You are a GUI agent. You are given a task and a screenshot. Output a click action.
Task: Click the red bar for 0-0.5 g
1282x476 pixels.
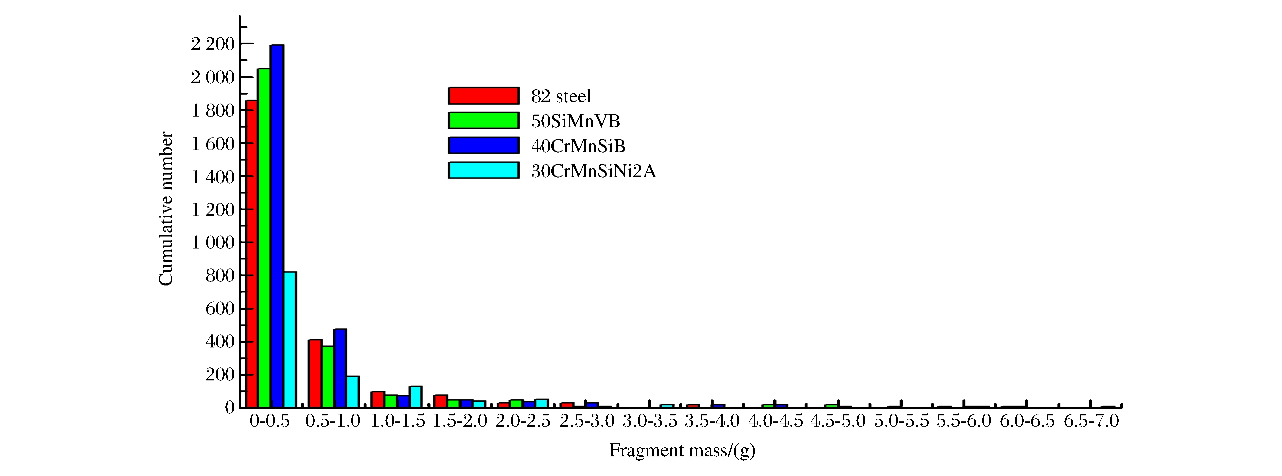point(251,254)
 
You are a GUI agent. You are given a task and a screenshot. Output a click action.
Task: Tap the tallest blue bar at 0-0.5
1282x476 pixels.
point(277,226)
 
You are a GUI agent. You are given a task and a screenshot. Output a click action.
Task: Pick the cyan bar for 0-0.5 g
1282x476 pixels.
point(290,340)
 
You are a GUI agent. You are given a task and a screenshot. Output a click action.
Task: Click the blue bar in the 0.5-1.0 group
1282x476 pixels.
point(340,368)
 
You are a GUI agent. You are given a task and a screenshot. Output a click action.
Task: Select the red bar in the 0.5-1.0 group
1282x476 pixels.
point(315,373)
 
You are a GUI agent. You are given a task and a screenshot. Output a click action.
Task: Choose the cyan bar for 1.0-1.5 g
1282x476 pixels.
point(416,396)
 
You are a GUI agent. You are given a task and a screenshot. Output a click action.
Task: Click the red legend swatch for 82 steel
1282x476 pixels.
point(483,96)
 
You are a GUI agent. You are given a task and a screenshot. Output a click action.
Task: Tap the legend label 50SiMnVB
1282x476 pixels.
point(575,121)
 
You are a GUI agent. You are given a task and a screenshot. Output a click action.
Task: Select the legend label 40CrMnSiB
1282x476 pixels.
point(578,146)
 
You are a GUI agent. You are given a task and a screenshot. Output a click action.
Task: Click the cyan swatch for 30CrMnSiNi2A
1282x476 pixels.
point(483,171)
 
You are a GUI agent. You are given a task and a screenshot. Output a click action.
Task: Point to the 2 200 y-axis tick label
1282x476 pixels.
point(213,44)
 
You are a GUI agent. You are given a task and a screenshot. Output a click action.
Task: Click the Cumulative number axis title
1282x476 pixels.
point(166,209)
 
